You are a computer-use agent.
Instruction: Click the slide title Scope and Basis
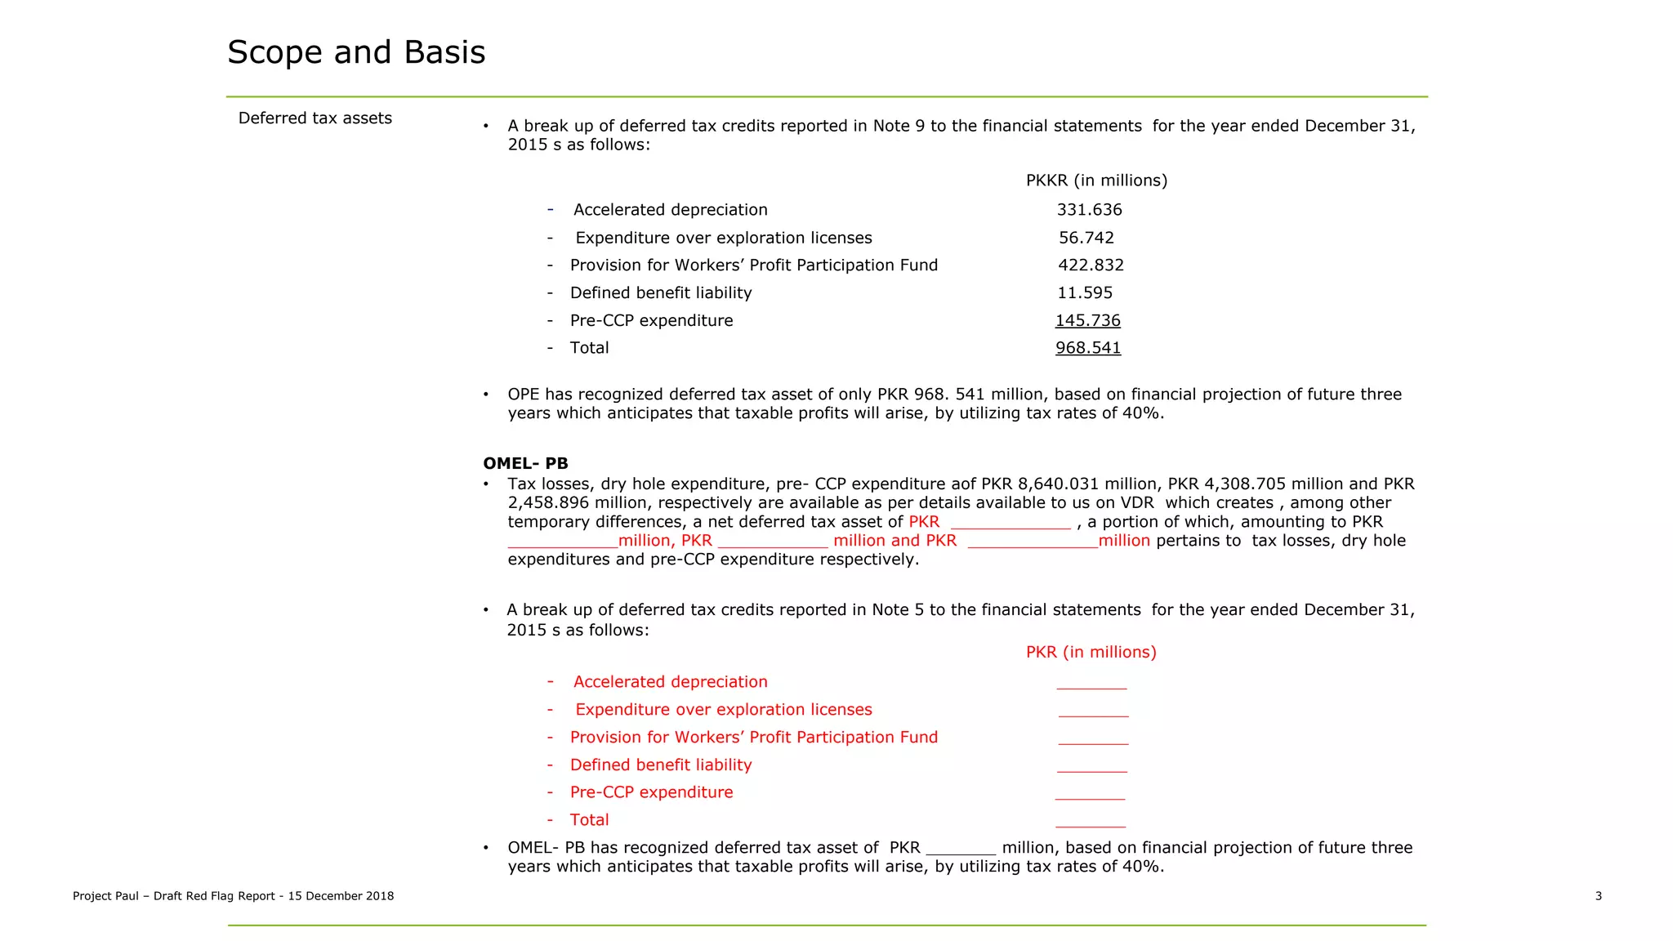pos(356,52)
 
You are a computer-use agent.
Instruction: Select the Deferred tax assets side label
pos(315,118)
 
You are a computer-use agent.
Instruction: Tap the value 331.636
pos(1089,210)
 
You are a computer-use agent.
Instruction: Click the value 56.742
pos(1086,238)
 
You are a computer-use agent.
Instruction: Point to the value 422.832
pos(1091,265)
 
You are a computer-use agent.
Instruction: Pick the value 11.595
pos(1084,293)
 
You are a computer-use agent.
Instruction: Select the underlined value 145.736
pos(1087,321)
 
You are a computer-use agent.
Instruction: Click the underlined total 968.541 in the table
pos(1087,348)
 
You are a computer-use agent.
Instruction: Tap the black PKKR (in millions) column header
pos(1096,181)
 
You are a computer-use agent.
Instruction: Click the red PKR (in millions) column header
pos(1091,653)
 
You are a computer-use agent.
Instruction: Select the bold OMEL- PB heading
pos(525,464)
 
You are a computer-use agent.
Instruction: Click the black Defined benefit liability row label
pos(660,293)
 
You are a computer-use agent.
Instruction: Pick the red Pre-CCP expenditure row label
pos(651,792)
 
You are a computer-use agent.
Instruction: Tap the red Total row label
pos(589,820)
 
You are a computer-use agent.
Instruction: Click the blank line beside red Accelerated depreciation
pos(1091,685)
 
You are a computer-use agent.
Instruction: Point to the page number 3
pos(1598,896)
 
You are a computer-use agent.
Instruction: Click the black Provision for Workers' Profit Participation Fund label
pos(753,265)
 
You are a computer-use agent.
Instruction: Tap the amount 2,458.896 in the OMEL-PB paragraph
pos(548,503)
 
